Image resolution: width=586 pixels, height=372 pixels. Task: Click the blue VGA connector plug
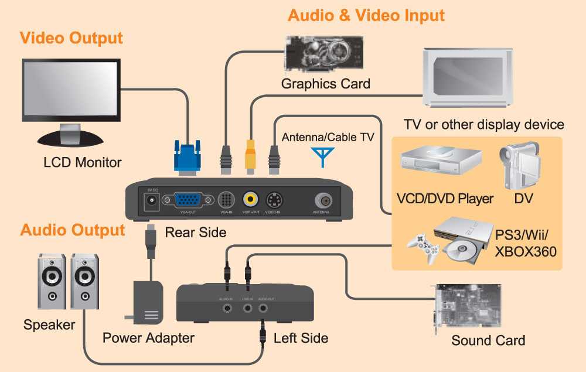pos(188,156)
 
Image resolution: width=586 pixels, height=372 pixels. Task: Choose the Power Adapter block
pos(148,301)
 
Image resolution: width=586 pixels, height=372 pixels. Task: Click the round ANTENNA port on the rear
pos(321,200)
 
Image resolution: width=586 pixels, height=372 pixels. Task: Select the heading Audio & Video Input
pos(366,15)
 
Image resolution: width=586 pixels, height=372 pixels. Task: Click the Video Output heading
pos(71,39)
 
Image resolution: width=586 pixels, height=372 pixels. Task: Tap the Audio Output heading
pos(73,230)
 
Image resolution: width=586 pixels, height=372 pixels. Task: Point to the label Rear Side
pos(195,232)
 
